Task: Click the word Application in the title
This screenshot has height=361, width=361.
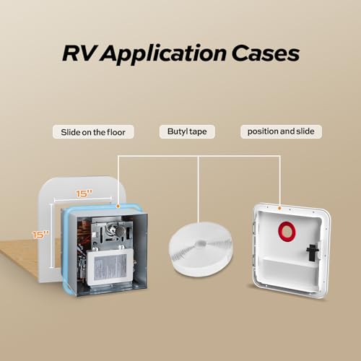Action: (163, 54)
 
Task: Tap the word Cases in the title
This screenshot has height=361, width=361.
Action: (266, 53)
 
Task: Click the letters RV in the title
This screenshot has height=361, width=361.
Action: (78, 53)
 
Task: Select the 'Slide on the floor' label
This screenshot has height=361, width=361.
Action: (93, 132)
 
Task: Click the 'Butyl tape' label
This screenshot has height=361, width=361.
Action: (187, 131)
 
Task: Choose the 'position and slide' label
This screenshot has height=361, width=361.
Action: (281, 131)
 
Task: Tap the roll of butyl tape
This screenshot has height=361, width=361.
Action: (200, 249)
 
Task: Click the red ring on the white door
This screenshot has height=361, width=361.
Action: (287, 231)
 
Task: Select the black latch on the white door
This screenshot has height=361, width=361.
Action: (313, 253)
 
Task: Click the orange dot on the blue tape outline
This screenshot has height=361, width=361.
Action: (118, 206)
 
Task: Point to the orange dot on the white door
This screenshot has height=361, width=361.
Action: (279, 208)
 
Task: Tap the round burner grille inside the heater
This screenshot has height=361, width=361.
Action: (119, 230)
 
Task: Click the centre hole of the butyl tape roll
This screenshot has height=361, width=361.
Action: (201, 243)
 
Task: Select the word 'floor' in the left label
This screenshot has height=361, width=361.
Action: (116, 132)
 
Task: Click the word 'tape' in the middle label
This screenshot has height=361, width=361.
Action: (198, 132)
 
